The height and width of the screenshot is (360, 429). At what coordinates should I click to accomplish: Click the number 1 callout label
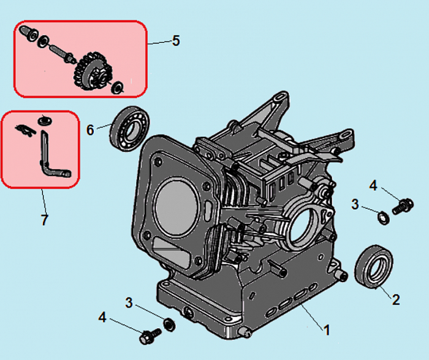click(x=327, y=330)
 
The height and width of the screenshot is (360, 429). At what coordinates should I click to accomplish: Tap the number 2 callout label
click(x=396, y=300)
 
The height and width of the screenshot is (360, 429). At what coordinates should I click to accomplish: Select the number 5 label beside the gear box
click(x=176, y=41)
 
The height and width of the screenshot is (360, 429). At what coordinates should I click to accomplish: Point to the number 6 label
click(x=91, y=130)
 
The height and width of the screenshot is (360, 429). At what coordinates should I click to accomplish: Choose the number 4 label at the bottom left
click(x=103, y=318)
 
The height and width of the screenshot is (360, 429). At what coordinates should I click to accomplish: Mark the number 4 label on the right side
click(x=373, y=185)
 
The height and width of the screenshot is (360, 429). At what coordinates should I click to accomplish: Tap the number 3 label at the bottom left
click(x=129, y=302)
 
